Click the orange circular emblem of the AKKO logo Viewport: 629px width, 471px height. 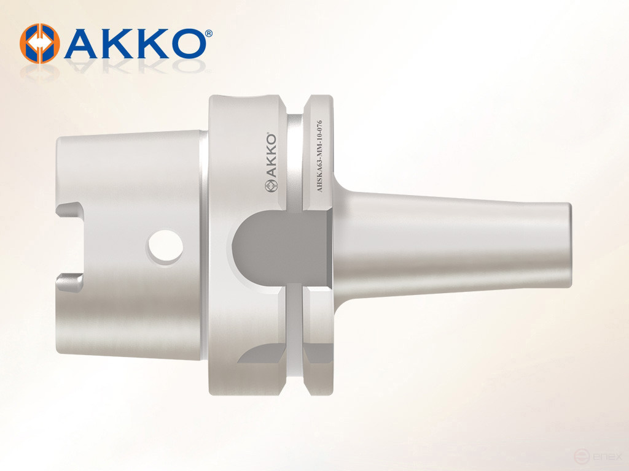tap(37, 43)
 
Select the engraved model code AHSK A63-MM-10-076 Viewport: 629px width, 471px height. tap(319, 156)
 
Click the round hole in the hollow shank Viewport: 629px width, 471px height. tap(165, 247)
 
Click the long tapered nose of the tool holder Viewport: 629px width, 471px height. tap(461, 242)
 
